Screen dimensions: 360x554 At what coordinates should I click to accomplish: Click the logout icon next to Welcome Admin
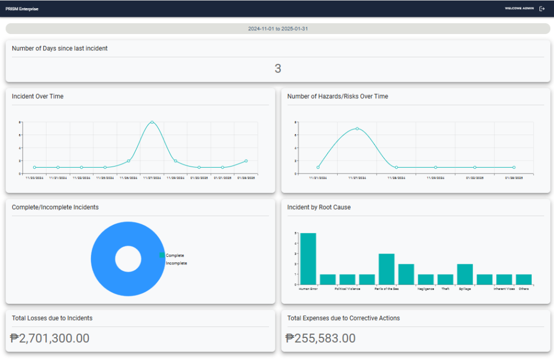(x=542, y=9)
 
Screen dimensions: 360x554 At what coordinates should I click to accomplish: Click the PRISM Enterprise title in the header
(x=22, y=9)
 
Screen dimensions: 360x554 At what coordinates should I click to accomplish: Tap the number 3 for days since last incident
(x=278, y=69)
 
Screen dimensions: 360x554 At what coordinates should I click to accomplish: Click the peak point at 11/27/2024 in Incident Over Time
(x=152, y=122)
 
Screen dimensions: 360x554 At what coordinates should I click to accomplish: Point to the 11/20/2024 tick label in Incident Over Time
(x=34, y=177)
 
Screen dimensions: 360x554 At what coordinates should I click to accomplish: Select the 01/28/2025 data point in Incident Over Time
(x=246, y=161)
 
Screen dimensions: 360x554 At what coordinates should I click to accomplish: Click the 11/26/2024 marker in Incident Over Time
(x=128, y=161)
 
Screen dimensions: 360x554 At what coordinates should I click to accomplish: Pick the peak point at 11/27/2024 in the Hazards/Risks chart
(x=357, y=129)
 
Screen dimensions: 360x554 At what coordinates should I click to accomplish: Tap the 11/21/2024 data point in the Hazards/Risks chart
(x=318, y=168)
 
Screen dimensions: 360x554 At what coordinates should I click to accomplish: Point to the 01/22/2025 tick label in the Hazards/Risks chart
(x=474, y=177)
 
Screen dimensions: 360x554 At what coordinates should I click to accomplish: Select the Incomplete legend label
(x=176, y=263)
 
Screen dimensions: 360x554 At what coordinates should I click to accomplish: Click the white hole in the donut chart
(x=128, y=259)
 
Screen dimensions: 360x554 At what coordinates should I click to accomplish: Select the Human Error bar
(x=308, y=259)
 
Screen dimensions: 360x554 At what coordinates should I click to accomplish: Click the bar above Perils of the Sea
(x=386, y=269)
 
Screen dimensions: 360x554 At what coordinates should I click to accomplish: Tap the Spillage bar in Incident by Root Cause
(x=465, y=274)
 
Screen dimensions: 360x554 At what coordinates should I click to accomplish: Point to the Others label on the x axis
(x=523, y=289)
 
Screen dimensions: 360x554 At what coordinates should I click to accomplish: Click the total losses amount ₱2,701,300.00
(x=50, y=338)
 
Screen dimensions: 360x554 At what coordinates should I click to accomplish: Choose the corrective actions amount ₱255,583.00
(x=320, y=338)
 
